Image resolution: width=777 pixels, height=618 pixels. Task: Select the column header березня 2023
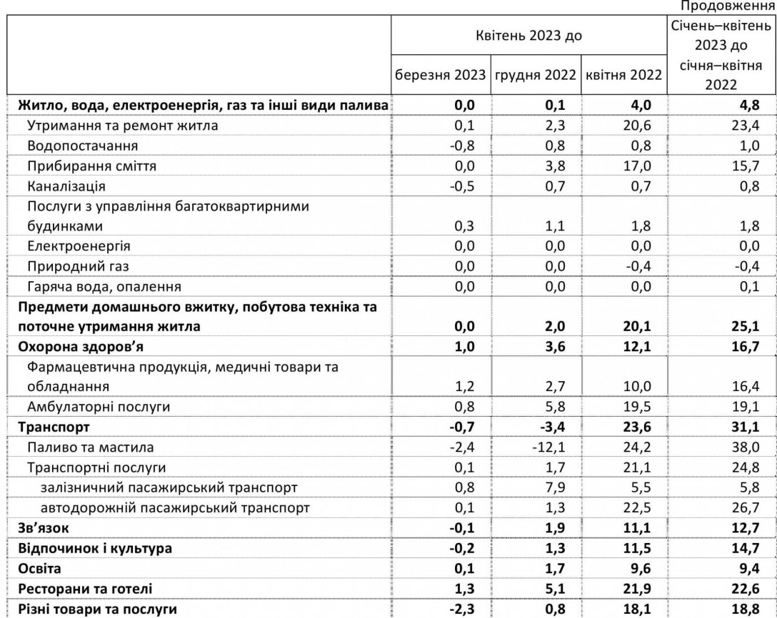[440, 75]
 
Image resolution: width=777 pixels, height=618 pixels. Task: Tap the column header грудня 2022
[535, 75]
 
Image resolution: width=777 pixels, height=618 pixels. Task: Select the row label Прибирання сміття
[91, 166]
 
